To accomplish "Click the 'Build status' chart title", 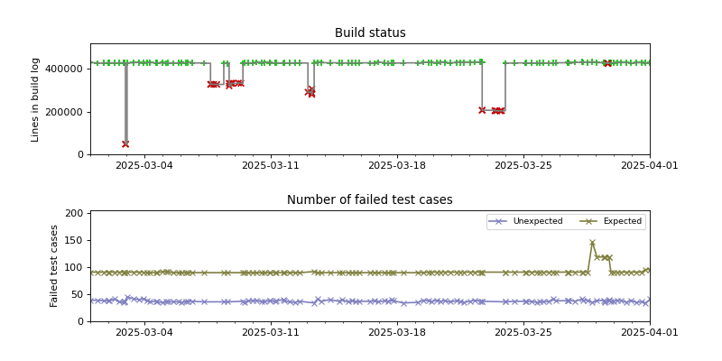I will pyautogui.click(x=370, y=33).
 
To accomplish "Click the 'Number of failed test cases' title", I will pyautogui.click(x=370, y=200).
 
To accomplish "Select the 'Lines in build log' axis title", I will pyautogui.click(x=36, y=99).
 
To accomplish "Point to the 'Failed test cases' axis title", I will pyautogui.click(x=54, y=266).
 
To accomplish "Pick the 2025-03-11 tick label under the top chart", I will pyautogui.click(x=270, y=166).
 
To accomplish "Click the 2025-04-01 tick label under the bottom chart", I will pyautogui.click(x=649, y=333).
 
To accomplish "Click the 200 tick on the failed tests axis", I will pyautogui.click(x=76, y=214).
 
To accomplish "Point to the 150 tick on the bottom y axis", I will pyautogui.click(x=76, y=241).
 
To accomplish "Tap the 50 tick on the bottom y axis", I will pyautogui.click(x=79, y=294).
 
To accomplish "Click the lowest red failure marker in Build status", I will pyautogui.click(x=125, y=143).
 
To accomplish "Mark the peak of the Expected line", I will pyautogui.click(x=592, y=243).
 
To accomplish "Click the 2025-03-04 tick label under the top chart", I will pyautogui.click(x=143, y=166).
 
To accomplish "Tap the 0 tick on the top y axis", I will pyautogui.click(x=81, y=154).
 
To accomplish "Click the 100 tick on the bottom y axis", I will pyautogui.click(x=76, y=268).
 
